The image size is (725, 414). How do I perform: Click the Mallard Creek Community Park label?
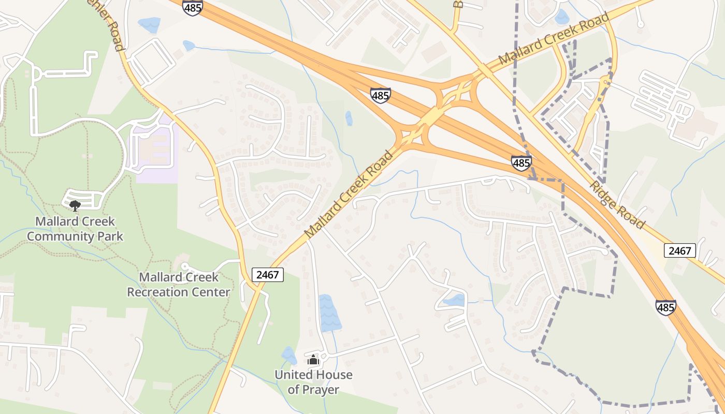[x=75, y=229]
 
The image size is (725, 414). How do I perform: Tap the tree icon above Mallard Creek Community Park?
[x=75, y=205]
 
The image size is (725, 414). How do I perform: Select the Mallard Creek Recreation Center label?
[x=179, y=284]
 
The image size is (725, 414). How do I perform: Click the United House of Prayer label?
[x=313, y=382]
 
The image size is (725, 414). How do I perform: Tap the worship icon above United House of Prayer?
[x=313, y=360]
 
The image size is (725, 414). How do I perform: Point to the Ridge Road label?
[x=617, y=205]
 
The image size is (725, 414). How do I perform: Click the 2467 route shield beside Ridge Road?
[x=679, y=251]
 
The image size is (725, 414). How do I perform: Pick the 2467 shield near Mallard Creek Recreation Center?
[x=268, y=274]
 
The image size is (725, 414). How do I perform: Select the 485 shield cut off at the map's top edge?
[x=192, y=7]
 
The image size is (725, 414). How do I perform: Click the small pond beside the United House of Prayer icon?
[x=289, y=356]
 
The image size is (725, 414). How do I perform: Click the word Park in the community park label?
[x=109, y=236]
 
